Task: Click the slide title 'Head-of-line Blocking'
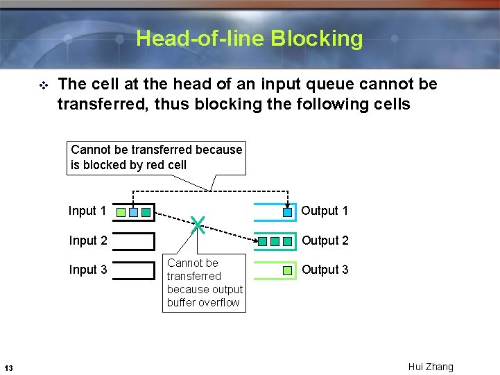(249, 38)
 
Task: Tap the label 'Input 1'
(87, 211)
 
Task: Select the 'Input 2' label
(87, 241)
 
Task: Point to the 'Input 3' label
(87, 270)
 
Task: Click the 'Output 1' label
(325, 211)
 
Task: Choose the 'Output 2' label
(325, 241)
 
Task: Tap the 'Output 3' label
(325, 270)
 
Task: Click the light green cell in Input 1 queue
(121, 212)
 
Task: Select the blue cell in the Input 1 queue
(133, 212)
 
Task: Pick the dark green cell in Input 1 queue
(146, 212)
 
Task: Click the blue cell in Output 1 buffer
(288, 212)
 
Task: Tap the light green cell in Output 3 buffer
(288, 271)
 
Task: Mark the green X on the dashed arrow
(198, 223)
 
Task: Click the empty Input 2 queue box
(133, 241)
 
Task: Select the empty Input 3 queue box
(133, 270)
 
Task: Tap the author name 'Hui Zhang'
(430, 367)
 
